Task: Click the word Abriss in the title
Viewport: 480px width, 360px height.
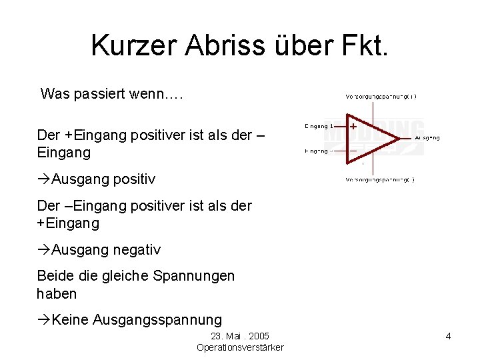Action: click(213, 45)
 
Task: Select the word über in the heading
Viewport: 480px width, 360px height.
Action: click(293, 45)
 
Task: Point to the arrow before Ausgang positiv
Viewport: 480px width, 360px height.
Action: click(44, 179)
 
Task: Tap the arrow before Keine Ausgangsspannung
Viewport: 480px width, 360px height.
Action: click(44, 319)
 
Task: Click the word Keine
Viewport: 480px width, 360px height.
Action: click(71, 319)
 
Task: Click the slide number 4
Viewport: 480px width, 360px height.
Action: click(448, 336)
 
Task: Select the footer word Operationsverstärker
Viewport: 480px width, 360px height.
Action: click(240, 347)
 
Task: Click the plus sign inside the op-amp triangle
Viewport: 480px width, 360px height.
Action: click(353, 125)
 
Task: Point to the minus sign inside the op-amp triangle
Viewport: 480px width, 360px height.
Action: click(353, 151)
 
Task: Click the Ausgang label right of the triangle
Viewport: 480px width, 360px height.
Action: click(427, 138)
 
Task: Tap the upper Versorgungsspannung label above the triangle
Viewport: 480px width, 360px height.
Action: click(380, 97)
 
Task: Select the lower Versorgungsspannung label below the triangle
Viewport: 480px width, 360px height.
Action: click(379, 180)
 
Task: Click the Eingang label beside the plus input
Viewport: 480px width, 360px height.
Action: click(319, 125)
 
